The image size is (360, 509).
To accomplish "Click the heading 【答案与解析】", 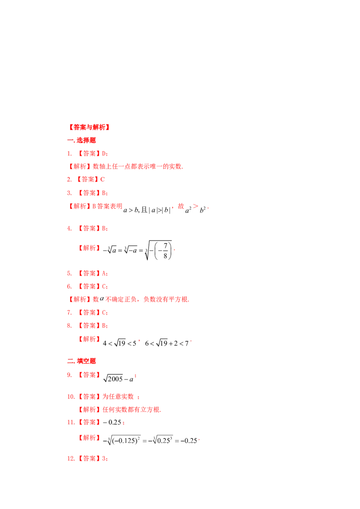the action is coord(89,127).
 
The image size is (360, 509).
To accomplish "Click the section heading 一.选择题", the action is coord(81,141).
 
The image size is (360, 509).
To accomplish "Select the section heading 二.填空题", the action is coord(81,361).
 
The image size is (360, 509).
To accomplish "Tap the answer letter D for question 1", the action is coord(104,153).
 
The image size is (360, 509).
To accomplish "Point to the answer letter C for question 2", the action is coord(102,179).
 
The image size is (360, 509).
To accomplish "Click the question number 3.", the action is coord(69,193).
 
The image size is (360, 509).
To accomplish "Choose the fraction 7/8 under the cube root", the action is coord(166,250).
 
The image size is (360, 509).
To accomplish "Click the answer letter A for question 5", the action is coord(104,273).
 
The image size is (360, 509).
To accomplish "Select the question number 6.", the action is coord(69,286).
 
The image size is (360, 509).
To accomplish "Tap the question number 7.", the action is coord(69,313).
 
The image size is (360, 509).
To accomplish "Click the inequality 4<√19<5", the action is coord(120,343).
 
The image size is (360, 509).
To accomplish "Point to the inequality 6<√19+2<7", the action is coord(166,343).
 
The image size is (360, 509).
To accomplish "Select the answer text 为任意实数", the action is coord(118,396).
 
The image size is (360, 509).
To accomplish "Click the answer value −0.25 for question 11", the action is coord(112,422).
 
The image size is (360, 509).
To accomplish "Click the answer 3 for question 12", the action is coord(104,459).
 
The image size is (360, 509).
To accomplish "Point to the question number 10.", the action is coord(71,397).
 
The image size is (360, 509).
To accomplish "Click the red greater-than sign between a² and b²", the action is coord(195,206).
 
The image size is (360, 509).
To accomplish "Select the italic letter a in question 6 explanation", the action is coord(102,299).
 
